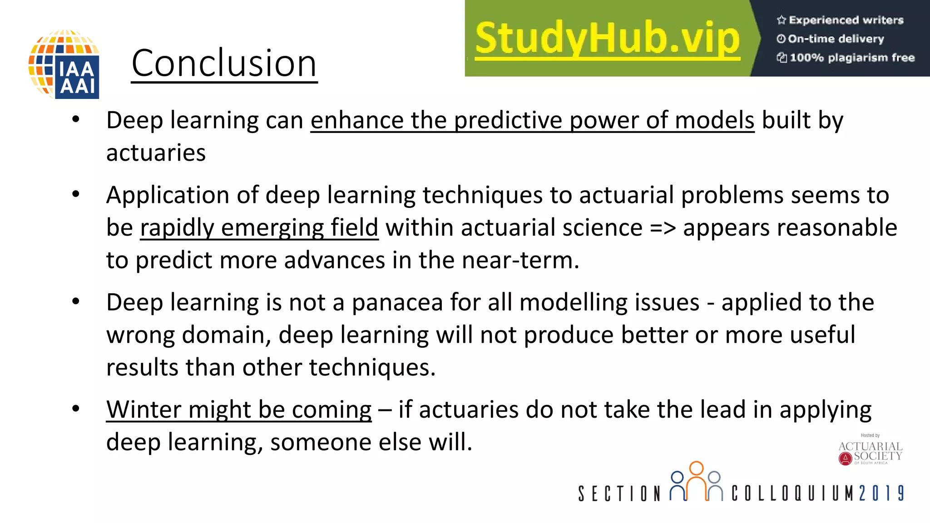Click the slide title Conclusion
(x=224, y=64)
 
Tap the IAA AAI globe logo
(x=64, y=64)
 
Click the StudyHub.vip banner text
(x=608, y=39)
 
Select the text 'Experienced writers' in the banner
(x=846, y=20)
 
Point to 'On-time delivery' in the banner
(x=836, y=39)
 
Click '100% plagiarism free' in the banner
(x=851, y=58)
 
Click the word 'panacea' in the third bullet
(x=397, y=303)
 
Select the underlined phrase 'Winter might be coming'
(x=239, y=410)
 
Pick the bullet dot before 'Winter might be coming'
(x=76, y=409)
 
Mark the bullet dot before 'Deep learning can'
(x=76, y=119)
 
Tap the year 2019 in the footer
(x=881, y=493)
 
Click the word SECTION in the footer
(x=619, y=493)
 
